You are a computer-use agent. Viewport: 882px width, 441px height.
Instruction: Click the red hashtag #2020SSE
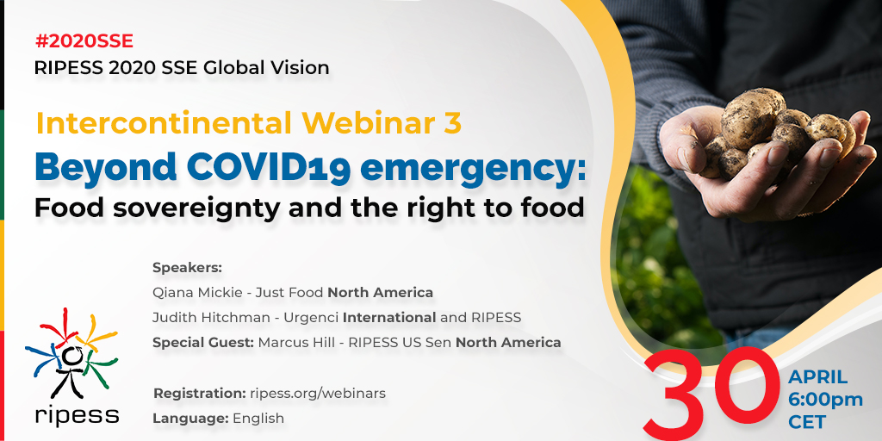(x=84, y=41)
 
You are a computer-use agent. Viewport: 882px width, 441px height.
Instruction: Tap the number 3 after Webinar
(x=452, y=124)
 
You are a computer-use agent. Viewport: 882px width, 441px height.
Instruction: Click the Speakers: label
(x=187, y=268)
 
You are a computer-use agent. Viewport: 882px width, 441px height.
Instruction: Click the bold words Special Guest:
(x=203, y=342)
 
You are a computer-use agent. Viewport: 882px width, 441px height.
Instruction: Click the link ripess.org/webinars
(x=318, y=394)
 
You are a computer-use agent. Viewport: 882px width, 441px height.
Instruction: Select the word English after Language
(x=258, y=419)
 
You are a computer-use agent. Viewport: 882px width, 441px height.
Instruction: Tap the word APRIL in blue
(x=818, y=377)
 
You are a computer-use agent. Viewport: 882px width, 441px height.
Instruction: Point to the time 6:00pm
(x=825, y=400)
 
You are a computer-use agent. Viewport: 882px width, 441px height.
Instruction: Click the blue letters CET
(x=806, y=422)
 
